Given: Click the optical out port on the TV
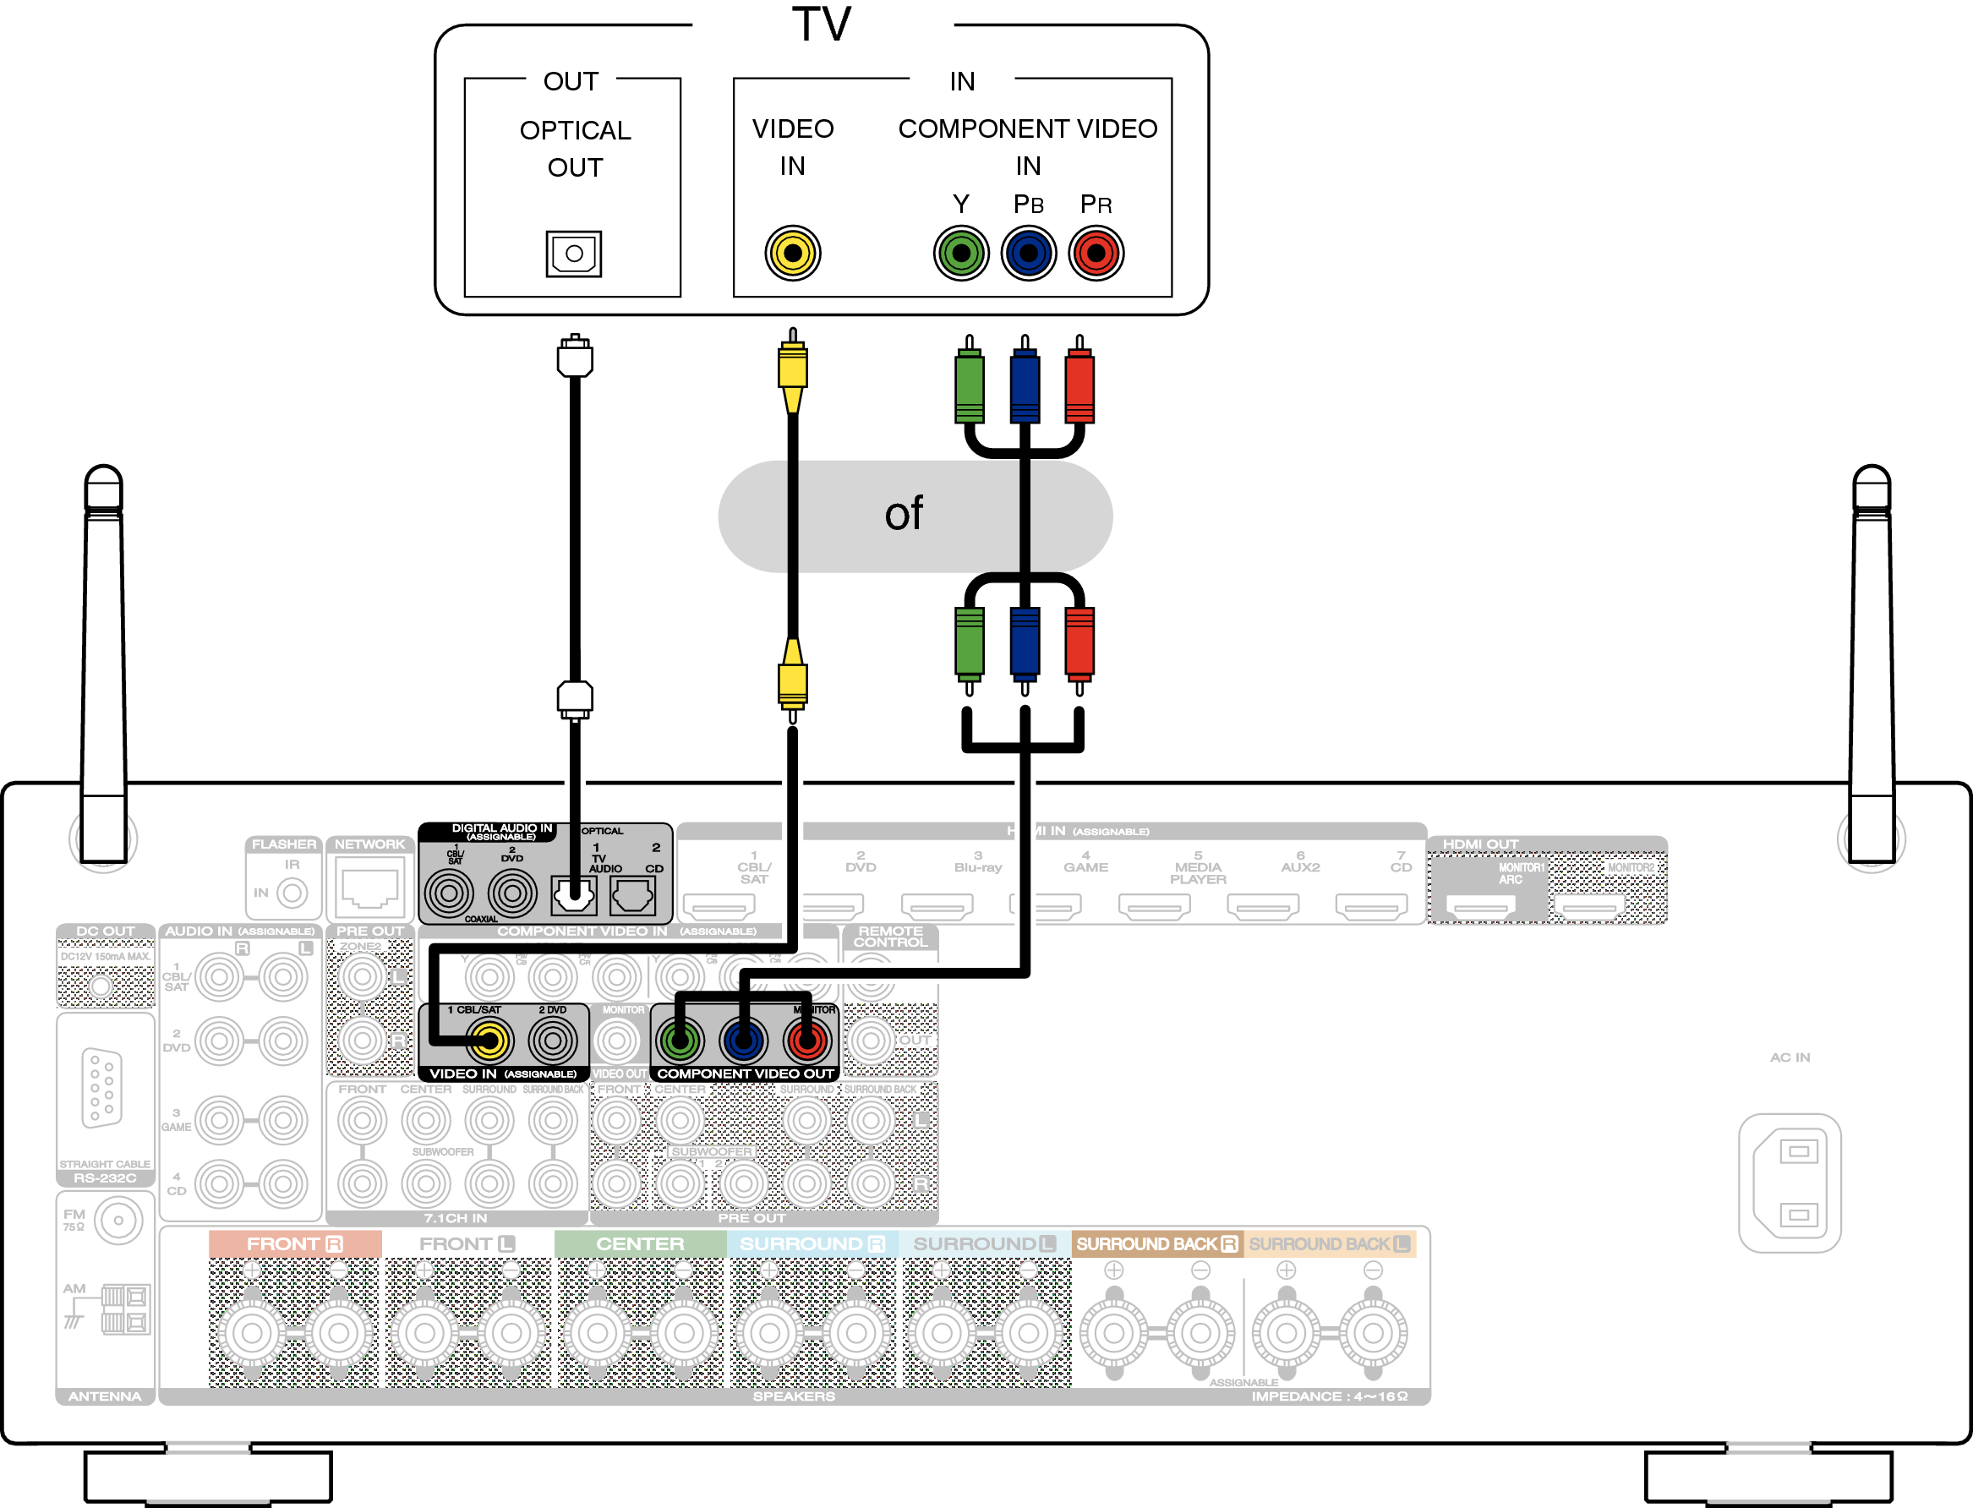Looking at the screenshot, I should click(x=574, y=253).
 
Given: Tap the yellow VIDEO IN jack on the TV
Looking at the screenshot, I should click(x=792, y=253).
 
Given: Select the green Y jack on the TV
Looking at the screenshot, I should click(x=960, y=253).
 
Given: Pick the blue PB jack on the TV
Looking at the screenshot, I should click(x=1028, y=253).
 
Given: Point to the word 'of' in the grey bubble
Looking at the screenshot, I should click(x=903, y=514).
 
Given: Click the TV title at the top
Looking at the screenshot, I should click(x=821, y=25).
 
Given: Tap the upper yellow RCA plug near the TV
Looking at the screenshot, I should click(x=792, y=368).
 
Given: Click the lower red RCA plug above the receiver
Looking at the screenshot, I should click(x=1079, y=642).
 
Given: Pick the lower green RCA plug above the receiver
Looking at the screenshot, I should click(x=969, y=642).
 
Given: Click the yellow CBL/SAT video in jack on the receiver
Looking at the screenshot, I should click(x=489, y=1041).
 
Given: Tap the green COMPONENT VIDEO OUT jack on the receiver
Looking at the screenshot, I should click(x=680, y=1041).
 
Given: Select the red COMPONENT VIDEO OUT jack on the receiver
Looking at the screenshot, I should click(x=806, y=1041).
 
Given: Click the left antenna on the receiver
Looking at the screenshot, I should click(x=103, y=664).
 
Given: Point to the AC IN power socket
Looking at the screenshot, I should click(x=1789, y=1183).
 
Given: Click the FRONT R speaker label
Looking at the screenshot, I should click(x=294, y=1244).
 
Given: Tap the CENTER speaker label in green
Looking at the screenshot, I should click(x=640, y=1244).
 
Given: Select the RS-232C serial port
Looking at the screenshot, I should click(x=102, y=1087).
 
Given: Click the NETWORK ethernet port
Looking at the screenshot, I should click(x=369, y=889).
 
